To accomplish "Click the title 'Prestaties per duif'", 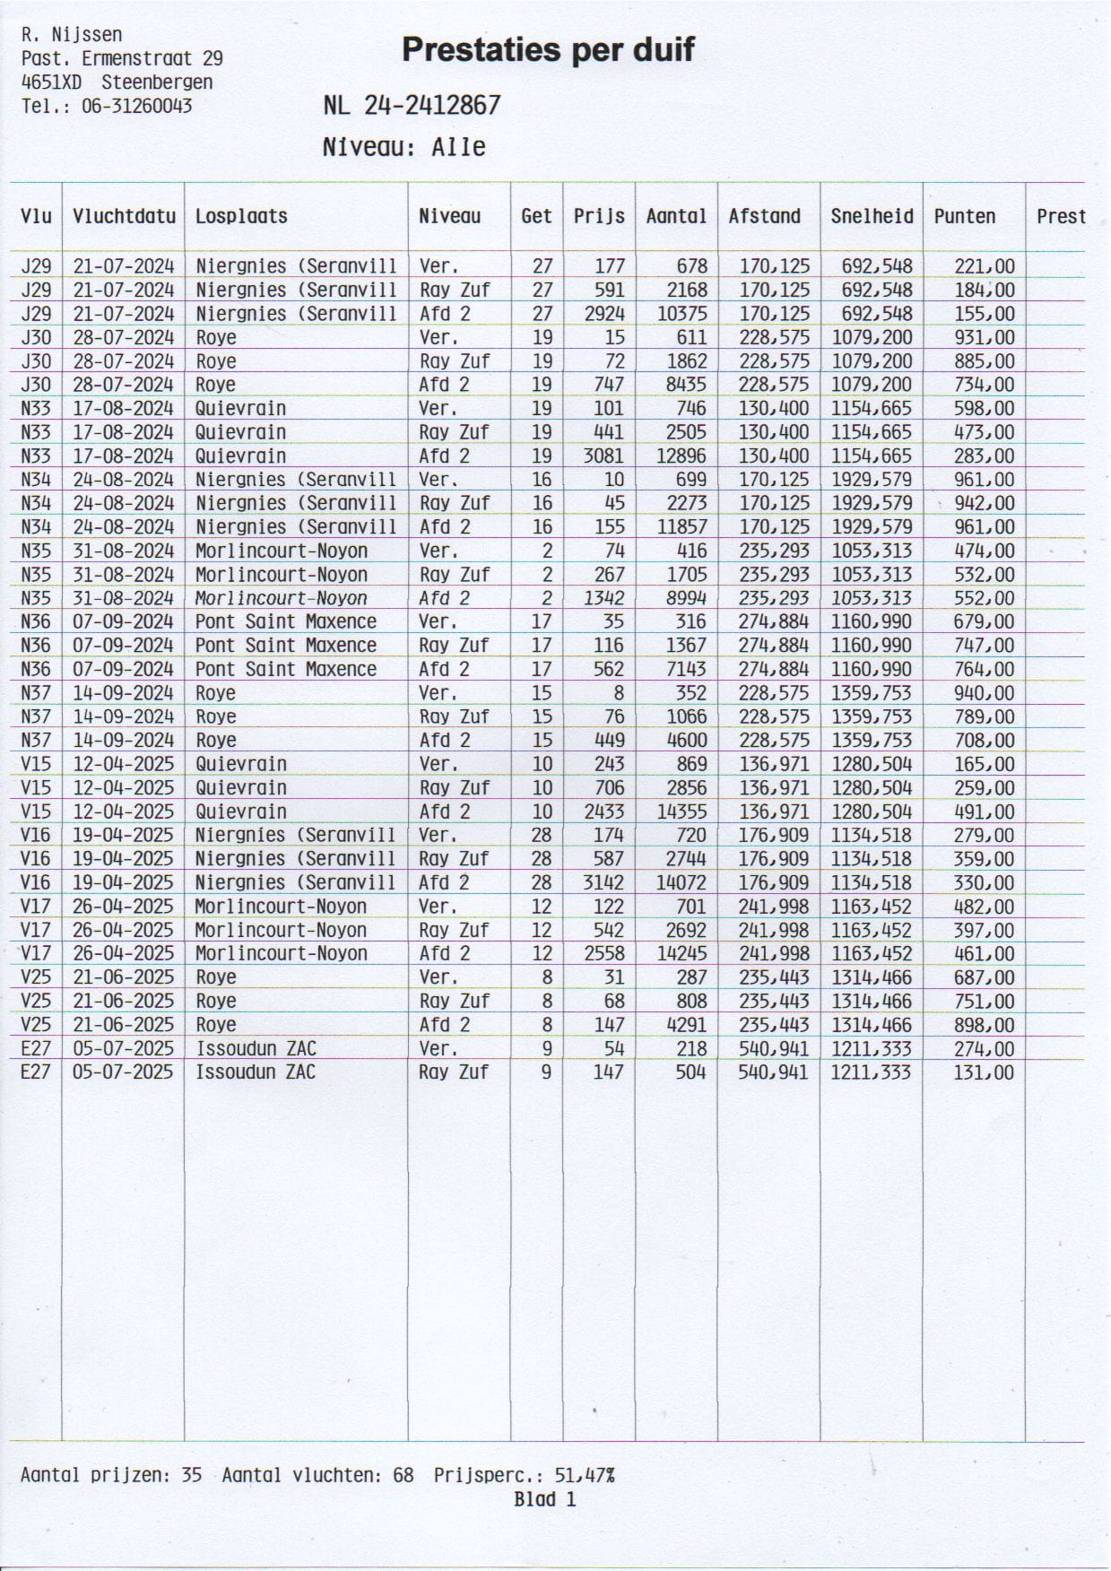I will (x=547, y=49).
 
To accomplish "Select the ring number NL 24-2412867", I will (x=412, y=106).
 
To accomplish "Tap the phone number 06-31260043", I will (x=136, y=106).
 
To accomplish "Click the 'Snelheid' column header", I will (x=871, y=216).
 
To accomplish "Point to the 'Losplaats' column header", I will (x=241, y=216).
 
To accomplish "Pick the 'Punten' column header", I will (x=964, y=216).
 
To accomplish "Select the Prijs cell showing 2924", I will (x=603, y=314).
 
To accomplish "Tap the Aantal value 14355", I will (x=681, y=812).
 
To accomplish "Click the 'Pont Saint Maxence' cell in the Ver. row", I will (x=285, y=621).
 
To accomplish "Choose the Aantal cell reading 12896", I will (x=681, y=456).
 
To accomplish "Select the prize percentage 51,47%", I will (x=585, y=1475).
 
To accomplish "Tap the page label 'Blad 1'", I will (x=544, y=1499).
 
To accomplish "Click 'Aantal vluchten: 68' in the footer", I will (x=317, y=1475).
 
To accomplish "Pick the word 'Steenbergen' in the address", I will (x=157, y=82).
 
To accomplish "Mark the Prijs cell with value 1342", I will (x=603, y=598).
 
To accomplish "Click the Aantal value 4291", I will (x=685, y=1025).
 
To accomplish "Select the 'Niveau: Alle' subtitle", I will (x=404, y=147).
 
